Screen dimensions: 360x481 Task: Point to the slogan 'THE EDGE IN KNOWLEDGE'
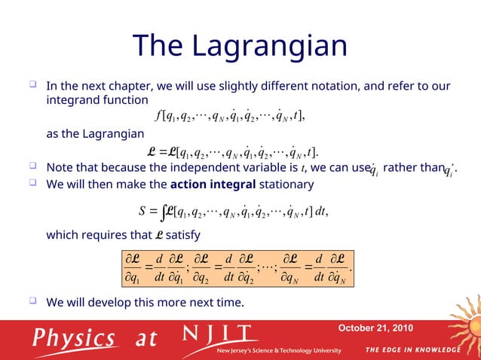pos(412,349)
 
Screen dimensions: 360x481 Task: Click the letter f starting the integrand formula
pos(157,115)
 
